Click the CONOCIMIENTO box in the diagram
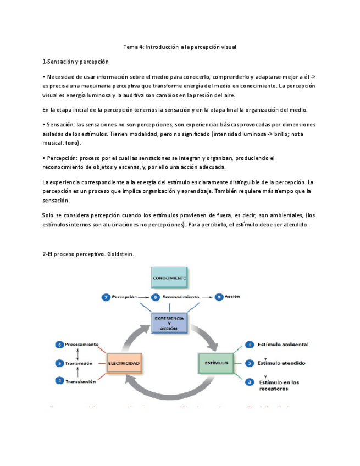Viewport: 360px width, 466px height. pyautogui.click(x=170, y=279)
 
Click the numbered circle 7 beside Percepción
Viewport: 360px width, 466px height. pyautogui.click(x=106, y=297)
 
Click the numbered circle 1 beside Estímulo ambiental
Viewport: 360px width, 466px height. pyautogui.click(x=248, y=345)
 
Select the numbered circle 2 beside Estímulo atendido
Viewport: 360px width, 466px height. pyautogui.click(x=248, y=363)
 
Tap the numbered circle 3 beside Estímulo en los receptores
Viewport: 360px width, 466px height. pyautogui.click(x=248, y=381)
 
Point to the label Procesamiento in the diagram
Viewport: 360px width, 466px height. pyautogui.click(x=82, y=345)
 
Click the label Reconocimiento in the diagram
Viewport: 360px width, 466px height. pyautogui.click(x=180, y=297)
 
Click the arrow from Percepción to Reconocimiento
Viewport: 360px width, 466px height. pyautogui.click(x=142, y=297)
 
